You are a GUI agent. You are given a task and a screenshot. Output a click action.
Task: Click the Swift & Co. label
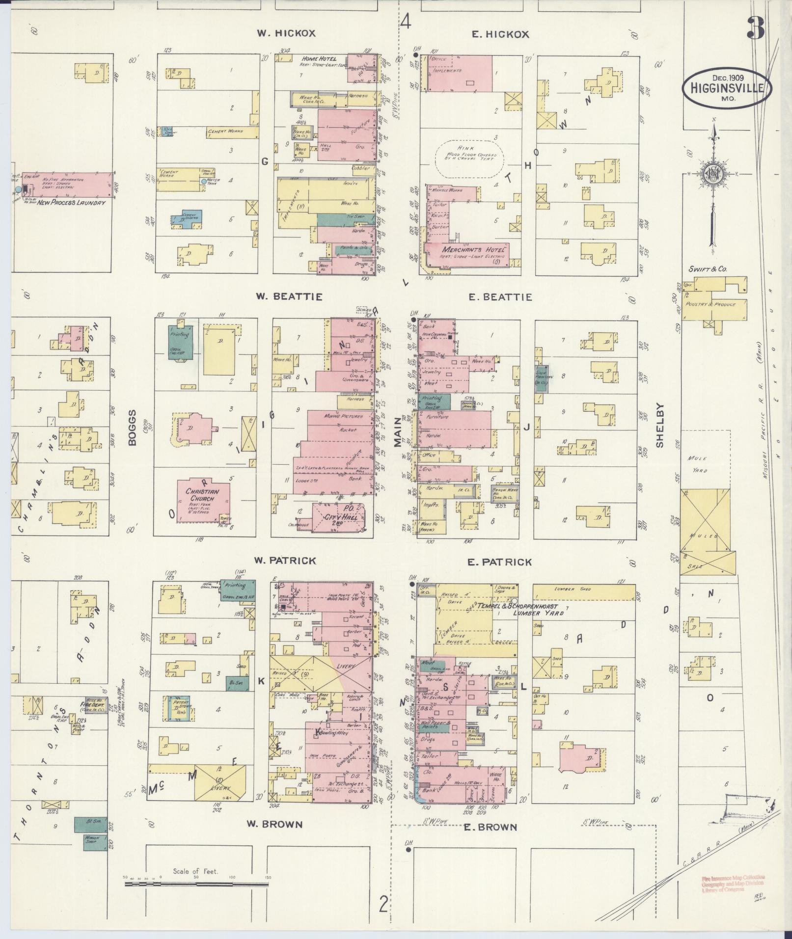[x=708, y=269]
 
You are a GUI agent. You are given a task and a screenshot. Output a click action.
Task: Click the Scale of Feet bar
[x=196, y=884]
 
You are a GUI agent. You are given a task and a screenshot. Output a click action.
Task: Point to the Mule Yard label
[x=697, y=464]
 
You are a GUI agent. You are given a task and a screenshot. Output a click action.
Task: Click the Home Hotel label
[x=319, y=58]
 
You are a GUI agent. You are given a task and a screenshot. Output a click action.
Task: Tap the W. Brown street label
[x=274, y=824]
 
